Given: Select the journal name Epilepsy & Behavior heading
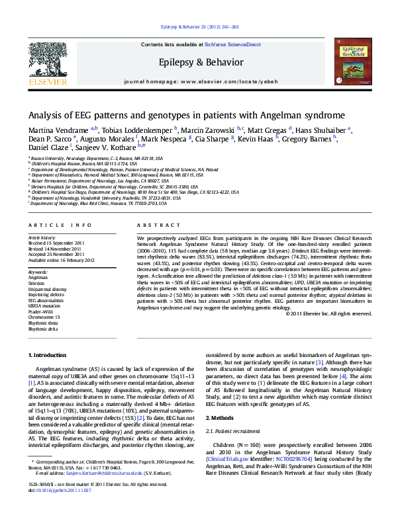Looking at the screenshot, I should coord(196,61).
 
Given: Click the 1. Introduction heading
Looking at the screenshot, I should coord(48,355).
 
